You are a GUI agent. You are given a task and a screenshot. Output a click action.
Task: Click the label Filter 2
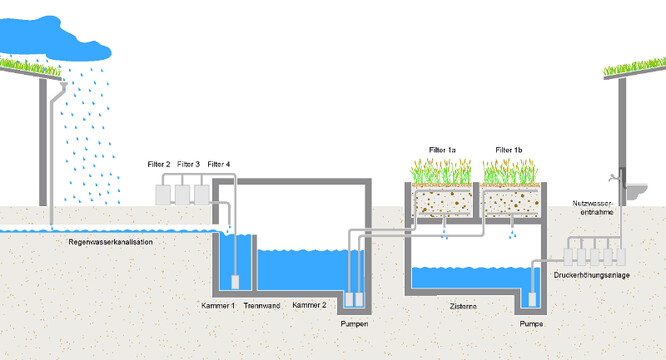pyautogui.click(x=159, y=164)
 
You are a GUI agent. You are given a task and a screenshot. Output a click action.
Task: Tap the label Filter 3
pyautogui.click(x=188, y=164)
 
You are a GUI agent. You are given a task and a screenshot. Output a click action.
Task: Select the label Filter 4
pyautogui.click(x=219, y=164)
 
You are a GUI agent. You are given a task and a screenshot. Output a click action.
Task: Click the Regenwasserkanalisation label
pyautogui.click(x=110, y=242)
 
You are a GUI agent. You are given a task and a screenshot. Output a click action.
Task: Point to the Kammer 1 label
pyautogui.click(x=218, y=305)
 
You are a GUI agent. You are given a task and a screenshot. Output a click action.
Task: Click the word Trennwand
pyautogui.click(x=262, y=305)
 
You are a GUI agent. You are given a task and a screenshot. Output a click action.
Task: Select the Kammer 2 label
pyautogui.click(x=309, y=305)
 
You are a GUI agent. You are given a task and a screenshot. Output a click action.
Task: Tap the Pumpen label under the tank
pyautogui.click(x=354, y=324)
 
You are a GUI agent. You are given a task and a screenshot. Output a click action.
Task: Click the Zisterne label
pyautogui.click(x=463, y=306)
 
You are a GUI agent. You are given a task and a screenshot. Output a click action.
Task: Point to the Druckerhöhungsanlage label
pyautogui.click(x=592, y=275)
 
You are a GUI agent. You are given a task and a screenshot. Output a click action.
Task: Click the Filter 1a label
pyautogui.click(x=442, y=150)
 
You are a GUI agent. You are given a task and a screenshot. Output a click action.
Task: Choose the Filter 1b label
pyautogui.click(x=509, y=150)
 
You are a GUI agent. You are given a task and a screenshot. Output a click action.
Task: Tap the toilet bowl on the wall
pyautogui.click(x=637, y=191)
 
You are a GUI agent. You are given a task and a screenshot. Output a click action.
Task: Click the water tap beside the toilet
pyautogui.click(x=613, y=177)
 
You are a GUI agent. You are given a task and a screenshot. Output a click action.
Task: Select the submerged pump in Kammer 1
pyautogui.click(x=235, y=282)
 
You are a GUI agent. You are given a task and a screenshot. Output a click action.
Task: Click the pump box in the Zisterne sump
pyautogui.click(x=532, y=300)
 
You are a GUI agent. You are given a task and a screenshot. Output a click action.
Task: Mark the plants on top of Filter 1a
pyautogui.click(x=441, y=171)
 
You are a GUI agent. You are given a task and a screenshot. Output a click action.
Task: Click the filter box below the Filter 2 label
pyautogui.click(x=163, y=195)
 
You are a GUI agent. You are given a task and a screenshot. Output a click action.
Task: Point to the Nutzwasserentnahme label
pyautogui.click(x=593, y=208)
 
